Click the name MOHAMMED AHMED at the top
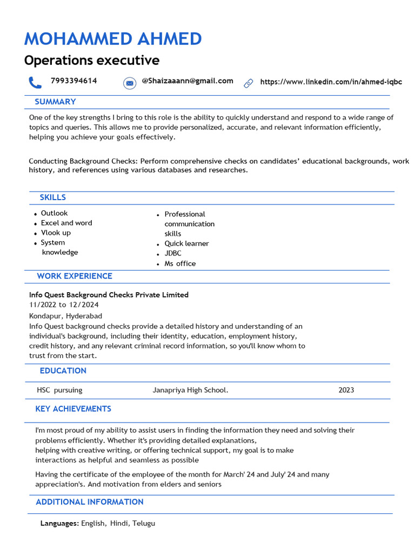click(113, 39)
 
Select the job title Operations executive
click(91, 60)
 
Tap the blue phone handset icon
click(35, 82)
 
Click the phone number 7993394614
click(73, 81)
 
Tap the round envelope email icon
click(129, 83)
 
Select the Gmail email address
click(187, 81)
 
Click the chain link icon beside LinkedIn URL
click(249, 83)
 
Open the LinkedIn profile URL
click(331, 82)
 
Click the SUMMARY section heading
click(55, 102)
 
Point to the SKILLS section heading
click(52, 197)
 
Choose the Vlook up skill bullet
click(56, 233)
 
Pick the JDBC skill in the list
click(173, 253)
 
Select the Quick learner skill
click(186, 243)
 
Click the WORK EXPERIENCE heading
click(75, 276)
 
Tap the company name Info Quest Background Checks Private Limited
click(109, 295)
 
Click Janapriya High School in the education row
click(190, 390)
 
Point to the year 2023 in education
click(346, 390)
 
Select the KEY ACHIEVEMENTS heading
click(73, 409)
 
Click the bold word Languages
click(59, 523)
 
